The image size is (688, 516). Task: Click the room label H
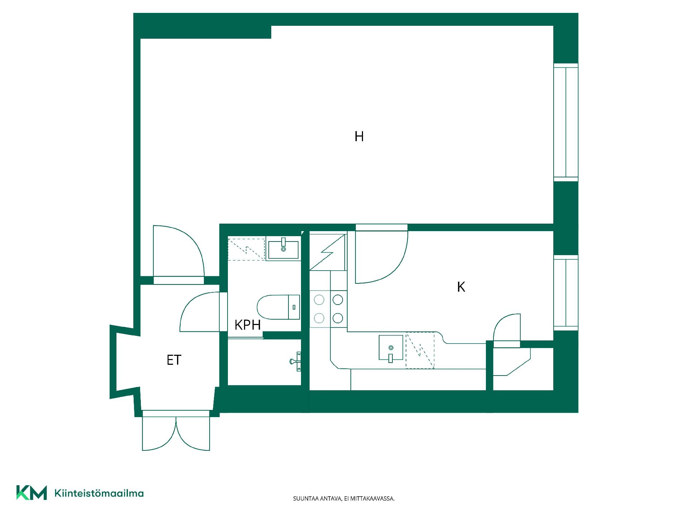[x=359, y=137]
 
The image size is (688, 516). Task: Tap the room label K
[x=461, y=287]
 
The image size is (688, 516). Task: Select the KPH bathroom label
[x=248, y=325]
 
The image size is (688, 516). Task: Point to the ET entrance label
[x=174, y=360]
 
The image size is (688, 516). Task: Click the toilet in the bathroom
[x=278, y=307]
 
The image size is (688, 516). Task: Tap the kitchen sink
[x=391, y=348]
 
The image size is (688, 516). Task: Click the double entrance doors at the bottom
[x=176, y=431]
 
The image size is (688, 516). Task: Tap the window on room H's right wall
[x=566, y=122]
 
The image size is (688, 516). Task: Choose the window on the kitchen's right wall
[x=566, y=293]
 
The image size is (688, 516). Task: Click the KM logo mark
[x=32, y=493]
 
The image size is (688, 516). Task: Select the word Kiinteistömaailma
[x=99, y=493]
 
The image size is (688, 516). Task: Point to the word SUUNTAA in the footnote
[x=304, y=498]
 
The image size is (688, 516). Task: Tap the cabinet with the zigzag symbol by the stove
[x=328, y=252]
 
